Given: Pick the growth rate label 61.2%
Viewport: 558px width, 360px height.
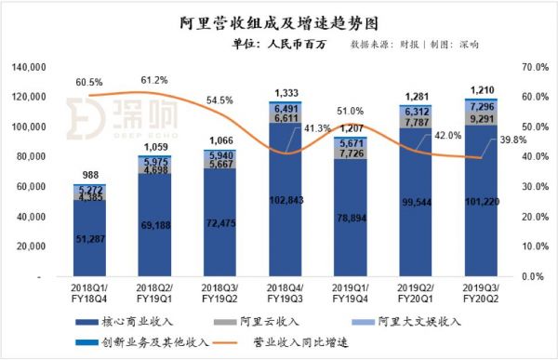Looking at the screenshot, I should [154, 81].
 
